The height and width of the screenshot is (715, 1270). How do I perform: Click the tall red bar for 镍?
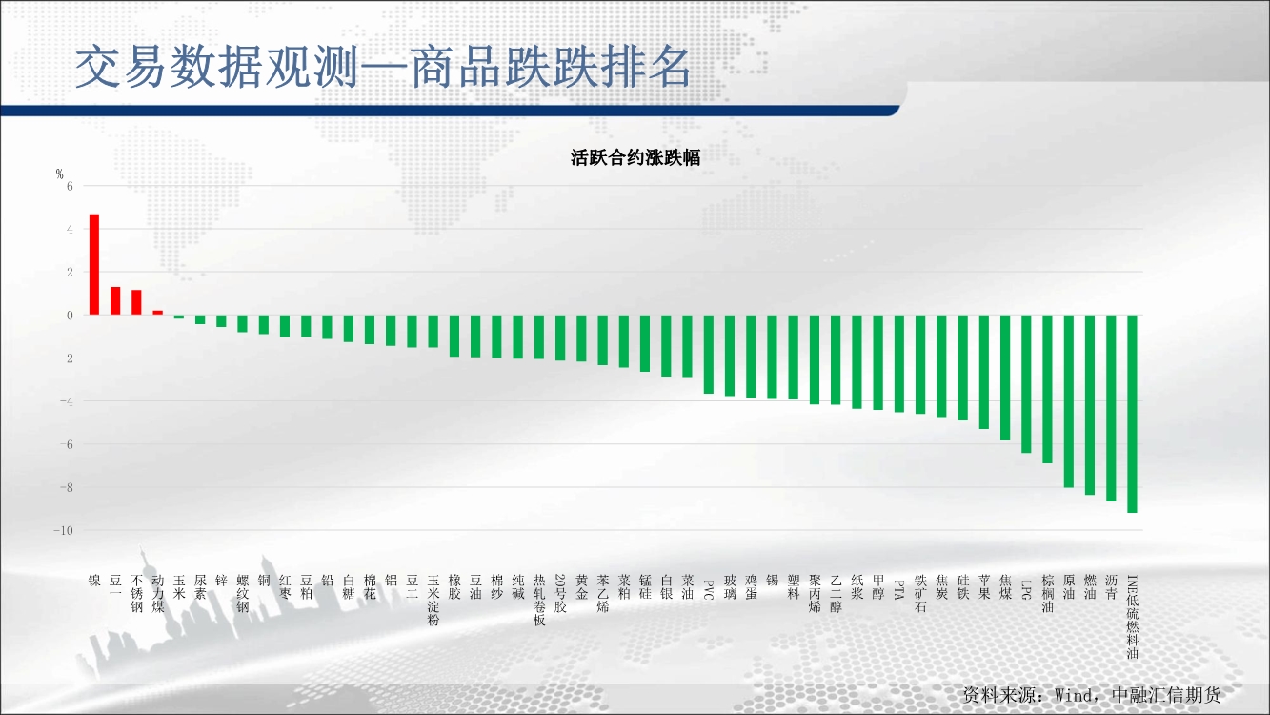(94, 264)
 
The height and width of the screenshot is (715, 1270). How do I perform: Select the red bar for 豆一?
(115, 300)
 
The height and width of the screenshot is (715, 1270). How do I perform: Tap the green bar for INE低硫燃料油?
(1132, 414)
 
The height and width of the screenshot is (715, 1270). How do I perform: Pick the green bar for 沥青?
(1111, 408)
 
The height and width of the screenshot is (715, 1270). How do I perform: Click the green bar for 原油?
(1069, 401)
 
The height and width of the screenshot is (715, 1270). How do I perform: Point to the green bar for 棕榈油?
(1047, 389)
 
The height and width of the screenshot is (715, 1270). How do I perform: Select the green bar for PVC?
(709, 354)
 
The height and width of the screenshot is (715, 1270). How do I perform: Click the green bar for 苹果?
(983, 372)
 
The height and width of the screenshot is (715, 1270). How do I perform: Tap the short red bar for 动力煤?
(157, 313)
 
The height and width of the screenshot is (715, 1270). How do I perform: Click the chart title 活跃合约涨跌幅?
(635, 157)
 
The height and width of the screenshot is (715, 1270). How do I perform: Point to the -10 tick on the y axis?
(64, 531)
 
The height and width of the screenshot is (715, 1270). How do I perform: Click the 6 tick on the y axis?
(70, 186)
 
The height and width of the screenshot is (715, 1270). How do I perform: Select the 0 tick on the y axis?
(70, 316)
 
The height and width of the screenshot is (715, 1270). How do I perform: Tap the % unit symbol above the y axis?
(59, 174)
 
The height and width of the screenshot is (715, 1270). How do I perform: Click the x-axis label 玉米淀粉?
(433, 600)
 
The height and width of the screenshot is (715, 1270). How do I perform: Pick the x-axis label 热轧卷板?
(539, 600)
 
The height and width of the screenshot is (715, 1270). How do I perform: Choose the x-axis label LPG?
(1026, 589)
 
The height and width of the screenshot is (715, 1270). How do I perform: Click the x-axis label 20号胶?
(560, 594)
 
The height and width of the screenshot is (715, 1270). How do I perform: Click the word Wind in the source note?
(1075, 695)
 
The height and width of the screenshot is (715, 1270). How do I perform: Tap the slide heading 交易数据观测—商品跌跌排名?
(383, 68)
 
